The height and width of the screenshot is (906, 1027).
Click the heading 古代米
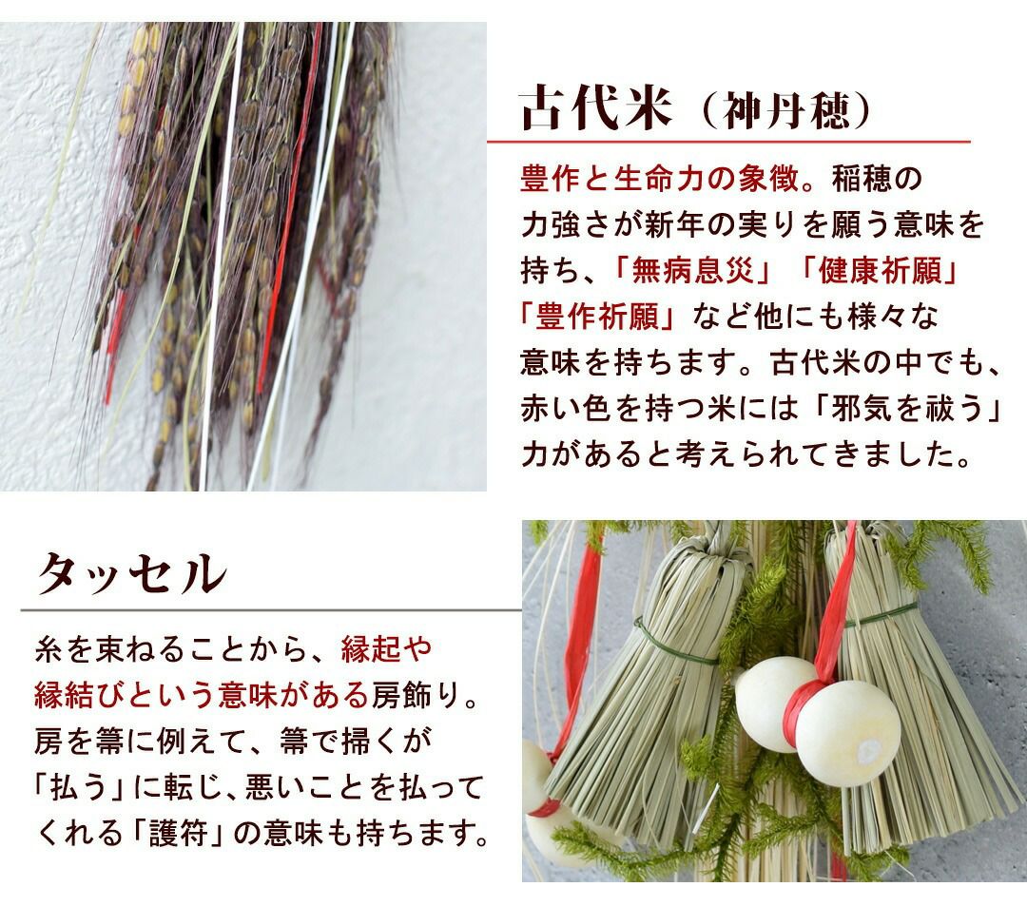(x=596, y=108)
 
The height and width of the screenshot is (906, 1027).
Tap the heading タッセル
(x=131, y=574)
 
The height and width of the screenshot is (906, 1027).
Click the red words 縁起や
(x=387, y=648)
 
